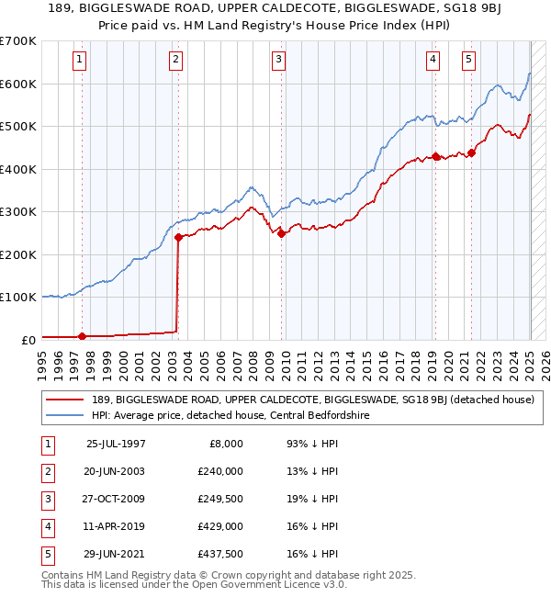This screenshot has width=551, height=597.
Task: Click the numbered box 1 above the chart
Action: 81,61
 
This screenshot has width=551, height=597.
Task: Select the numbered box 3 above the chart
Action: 278,61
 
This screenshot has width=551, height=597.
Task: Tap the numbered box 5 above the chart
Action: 468,61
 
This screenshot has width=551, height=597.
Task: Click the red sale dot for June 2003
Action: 178,237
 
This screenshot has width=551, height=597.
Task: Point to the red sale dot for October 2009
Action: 281,233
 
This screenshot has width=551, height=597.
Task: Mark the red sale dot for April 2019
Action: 435,156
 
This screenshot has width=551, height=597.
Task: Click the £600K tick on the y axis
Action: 20,84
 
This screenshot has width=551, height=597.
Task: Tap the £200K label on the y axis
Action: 20,254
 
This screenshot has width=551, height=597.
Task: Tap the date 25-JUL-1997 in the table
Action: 116,444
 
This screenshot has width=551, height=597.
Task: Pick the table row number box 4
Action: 48,526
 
